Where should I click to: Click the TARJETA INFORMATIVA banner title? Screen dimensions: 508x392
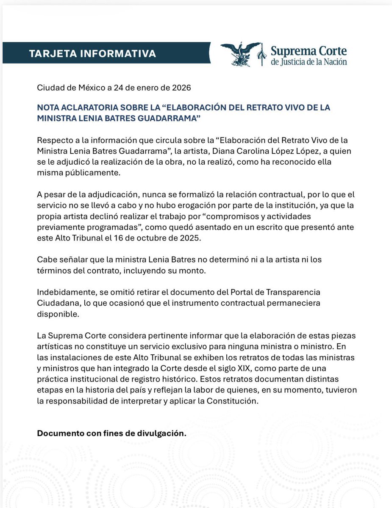[92, 54]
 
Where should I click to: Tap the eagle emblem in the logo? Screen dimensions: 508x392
[241, 54]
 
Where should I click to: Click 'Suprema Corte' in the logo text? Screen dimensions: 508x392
[309, 51]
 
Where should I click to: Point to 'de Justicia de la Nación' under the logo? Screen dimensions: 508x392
[309, 62]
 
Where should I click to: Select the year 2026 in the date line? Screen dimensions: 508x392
[182, 88]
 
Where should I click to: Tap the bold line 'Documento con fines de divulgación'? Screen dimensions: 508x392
[111, 433]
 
